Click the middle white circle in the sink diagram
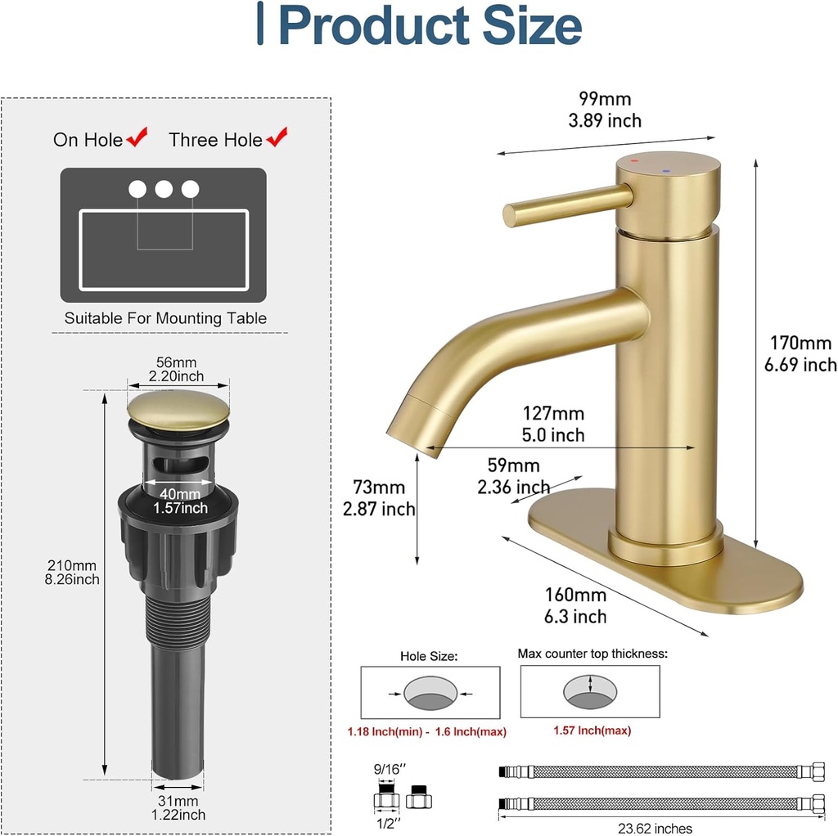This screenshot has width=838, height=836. [x=164, y=189]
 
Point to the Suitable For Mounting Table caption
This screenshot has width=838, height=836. [x=165, y=318]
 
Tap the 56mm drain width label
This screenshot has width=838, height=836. [x=177, y=362]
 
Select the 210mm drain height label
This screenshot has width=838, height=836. [x=72, y=565]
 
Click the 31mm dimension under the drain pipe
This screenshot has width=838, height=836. [x=178, y=800]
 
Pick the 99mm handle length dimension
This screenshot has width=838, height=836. [x=605, y=99]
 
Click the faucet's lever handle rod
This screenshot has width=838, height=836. [x=565, y=202]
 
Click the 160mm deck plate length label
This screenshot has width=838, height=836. [x=576, y=595]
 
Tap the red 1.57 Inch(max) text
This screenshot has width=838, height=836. [x=592, y=730]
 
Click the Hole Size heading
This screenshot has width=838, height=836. [x=429, y=655]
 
